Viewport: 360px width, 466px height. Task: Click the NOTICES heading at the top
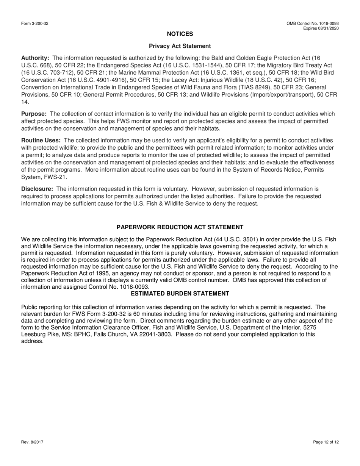point(180,34)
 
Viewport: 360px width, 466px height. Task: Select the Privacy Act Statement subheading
point(180,46)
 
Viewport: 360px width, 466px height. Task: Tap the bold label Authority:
point(35,58)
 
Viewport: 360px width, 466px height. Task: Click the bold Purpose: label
point(34,114)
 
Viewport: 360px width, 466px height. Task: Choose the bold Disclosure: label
point(37,189)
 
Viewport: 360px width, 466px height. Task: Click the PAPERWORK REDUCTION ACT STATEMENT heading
point(180,227)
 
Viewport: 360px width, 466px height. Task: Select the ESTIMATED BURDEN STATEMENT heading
point(180,294)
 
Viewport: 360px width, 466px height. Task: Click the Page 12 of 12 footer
point(326,442)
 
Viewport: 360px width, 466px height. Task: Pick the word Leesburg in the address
point(34,335)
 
